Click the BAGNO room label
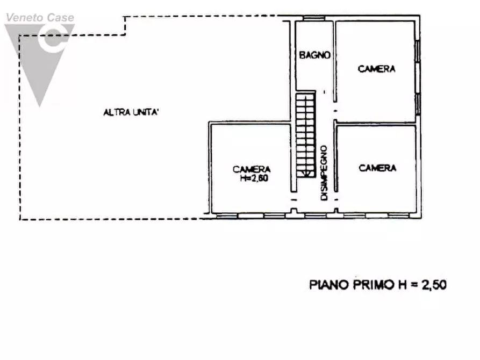314,55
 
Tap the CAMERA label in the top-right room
377,69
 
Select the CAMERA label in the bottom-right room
377,168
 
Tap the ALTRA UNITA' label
132,112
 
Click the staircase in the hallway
305,134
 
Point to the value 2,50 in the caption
433,285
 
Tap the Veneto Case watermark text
40,18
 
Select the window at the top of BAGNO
313,19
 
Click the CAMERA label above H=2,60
252,169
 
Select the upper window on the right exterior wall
418,53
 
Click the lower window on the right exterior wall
418,103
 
